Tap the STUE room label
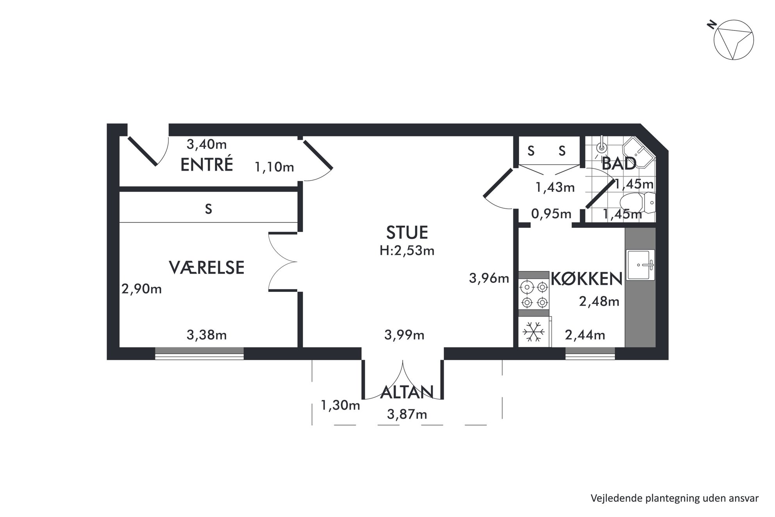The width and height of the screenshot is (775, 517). (x=407, y=233)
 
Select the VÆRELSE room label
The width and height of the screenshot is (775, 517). (x=207, y=268)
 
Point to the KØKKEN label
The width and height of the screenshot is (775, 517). (x=586, y=279)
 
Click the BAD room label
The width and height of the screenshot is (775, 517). (x=619, y=163)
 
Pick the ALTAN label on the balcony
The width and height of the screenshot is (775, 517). (x=407, y=392)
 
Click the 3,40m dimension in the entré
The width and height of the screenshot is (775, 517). (x=207, y=145)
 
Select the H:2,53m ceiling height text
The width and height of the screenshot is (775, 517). (x=407, y=250)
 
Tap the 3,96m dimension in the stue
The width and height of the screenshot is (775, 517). (x=489, y=278)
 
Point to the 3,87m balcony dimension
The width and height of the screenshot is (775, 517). (x=407, y=414)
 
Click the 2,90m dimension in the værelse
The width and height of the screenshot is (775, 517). (x=141, y=289)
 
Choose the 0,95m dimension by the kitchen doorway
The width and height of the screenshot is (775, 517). (x=551, y=214)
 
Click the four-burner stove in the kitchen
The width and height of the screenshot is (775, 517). (x=534, y=294)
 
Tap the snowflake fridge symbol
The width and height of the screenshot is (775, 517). (x=534, y=332)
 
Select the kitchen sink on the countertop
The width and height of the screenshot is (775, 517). (x=640, y=265)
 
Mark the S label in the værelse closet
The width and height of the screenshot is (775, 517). (x=209, y=209)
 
